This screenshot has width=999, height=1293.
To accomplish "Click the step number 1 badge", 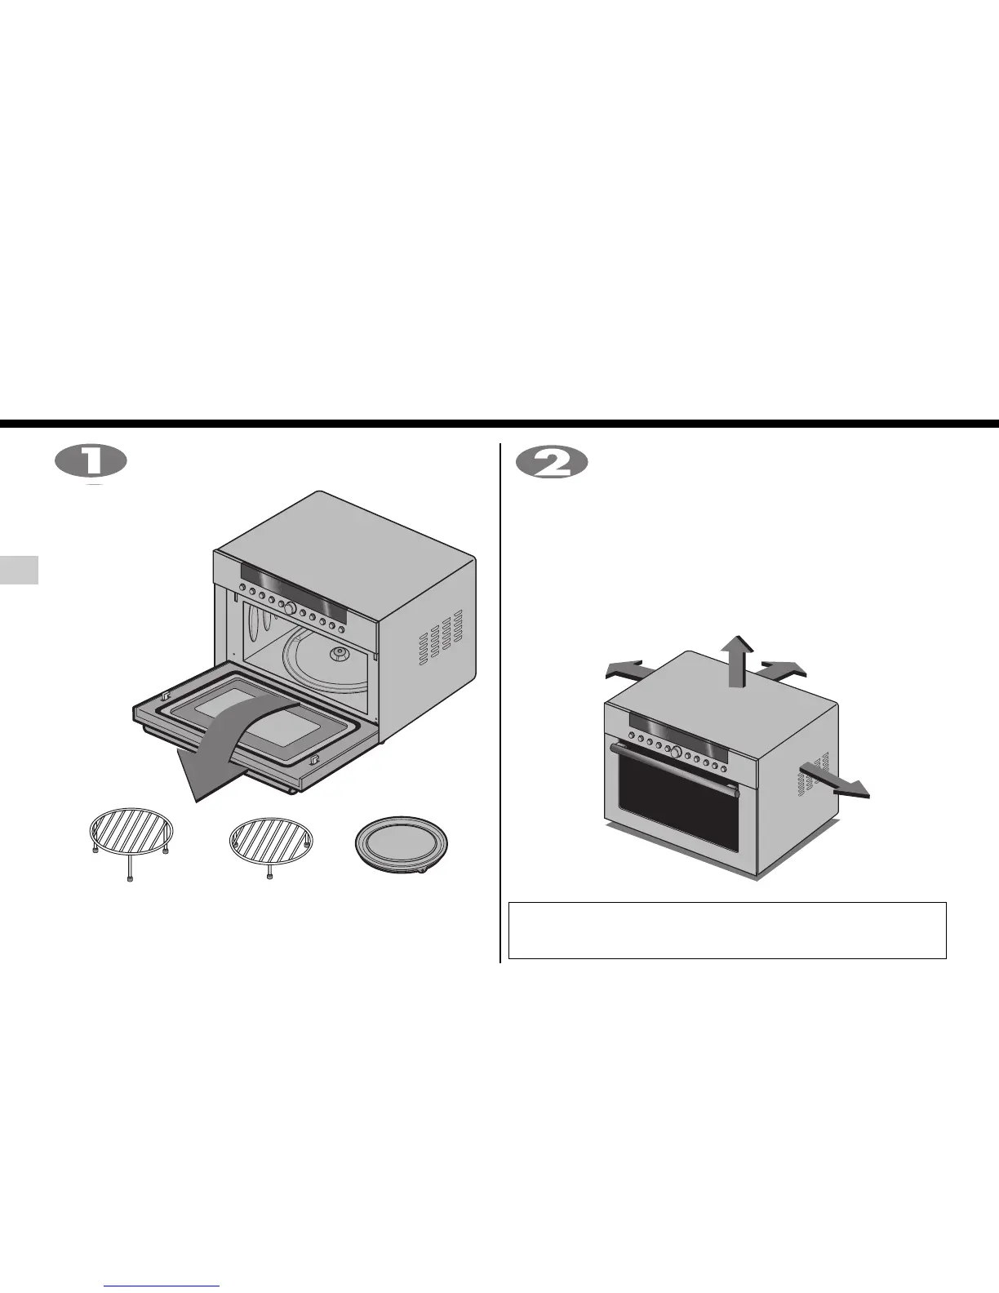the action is pyautogui.click(x=91, y=462).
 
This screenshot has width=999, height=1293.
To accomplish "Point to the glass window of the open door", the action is pyautogui.click(x=254, y=714).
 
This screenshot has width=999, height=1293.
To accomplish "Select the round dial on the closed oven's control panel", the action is pyautogui.click(x=676, y=750).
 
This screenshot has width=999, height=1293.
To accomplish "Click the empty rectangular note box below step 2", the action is pyautogui.click(x=726, y=930).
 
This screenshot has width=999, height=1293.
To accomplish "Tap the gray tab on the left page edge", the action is pyautogui.click(x=19, y=569).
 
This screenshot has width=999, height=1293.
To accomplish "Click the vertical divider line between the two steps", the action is pyautogui.click(x=499, y=702).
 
